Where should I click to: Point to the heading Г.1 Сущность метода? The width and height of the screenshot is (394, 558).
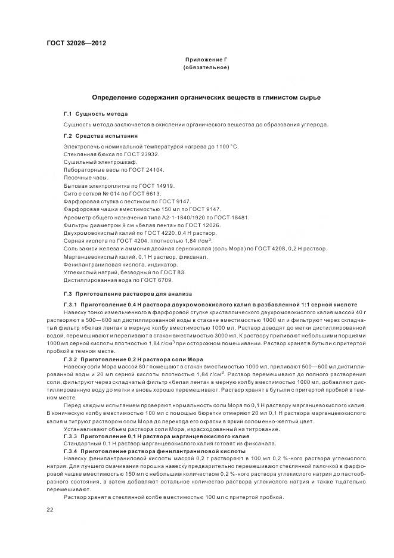95,113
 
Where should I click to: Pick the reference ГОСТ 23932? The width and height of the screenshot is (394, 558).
128,154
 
